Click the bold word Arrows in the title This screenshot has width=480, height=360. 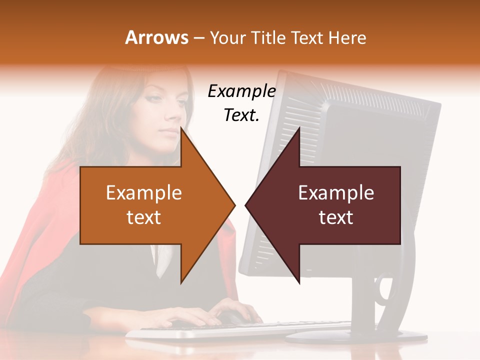(157, 37)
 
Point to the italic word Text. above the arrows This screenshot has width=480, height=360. (241, 115)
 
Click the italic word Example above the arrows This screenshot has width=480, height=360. (241, 91)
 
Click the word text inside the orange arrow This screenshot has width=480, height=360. (144, 217)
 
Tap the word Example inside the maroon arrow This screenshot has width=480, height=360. (336, 193)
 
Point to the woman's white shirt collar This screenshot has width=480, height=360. (163, 260)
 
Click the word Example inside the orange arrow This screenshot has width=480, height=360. (144, 193)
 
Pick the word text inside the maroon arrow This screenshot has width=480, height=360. (336, 217)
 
